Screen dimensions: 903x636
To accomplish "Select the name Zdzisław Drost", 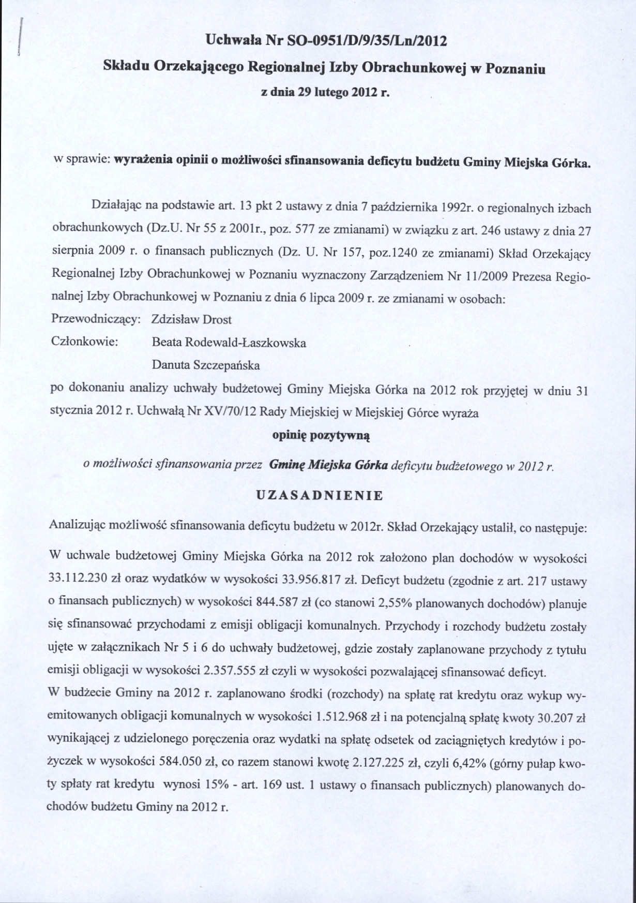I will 192,319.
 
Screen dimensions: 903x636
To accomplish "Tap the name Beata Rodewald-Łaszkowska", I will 229,343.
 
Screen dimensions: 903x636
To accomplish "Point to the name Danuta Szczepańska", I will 206,365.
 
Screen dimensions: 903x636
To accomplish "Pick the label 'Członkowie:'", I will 85,342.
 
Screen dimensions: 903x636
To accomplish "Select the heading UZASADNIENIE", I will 320,495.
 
